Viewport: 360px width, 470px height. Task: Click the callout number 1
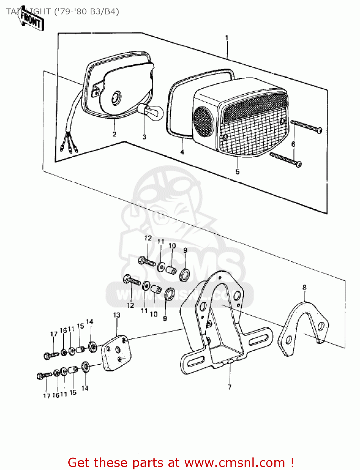[x=227, y=38]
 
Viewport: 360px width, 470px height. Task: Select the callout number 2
[x=114, y=134]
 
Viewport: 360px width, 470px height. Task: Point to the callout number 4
[x=182, y=152]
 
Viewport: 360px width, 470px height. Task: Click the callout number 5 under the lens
[x=237, y=172]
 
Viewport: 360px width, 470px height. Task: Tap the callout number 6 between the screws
[x=294, y=144]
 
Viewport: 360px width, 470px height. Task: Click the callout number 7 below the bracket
[x=230, y=387]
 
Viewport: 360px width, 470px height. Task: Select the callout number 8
[x=304, y=287]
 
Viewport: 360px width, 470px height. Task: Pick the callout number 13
[x=117, y=315]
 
